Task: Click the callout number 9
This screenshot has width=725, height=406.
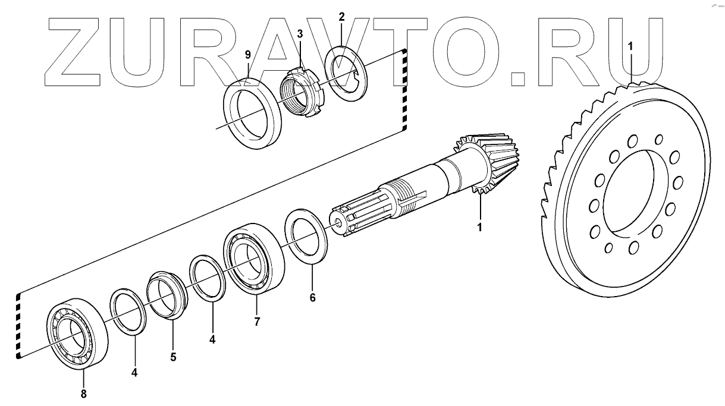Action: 247,55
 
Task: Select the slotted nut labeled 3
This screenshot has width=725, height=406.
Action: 300,92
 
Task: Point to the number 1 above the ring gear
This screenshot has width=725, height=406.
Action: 631,46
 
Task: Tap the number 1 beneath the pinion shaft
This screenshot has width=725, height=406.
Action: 480,226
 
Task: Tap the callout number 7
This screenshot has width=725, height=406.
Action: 256,322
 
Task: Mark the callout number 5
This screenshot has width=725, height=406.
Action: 173,357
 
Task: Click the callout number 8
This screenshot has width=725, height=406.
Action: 83,393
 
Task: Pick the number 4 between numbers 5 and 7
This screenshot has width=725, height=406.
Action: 212,340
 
